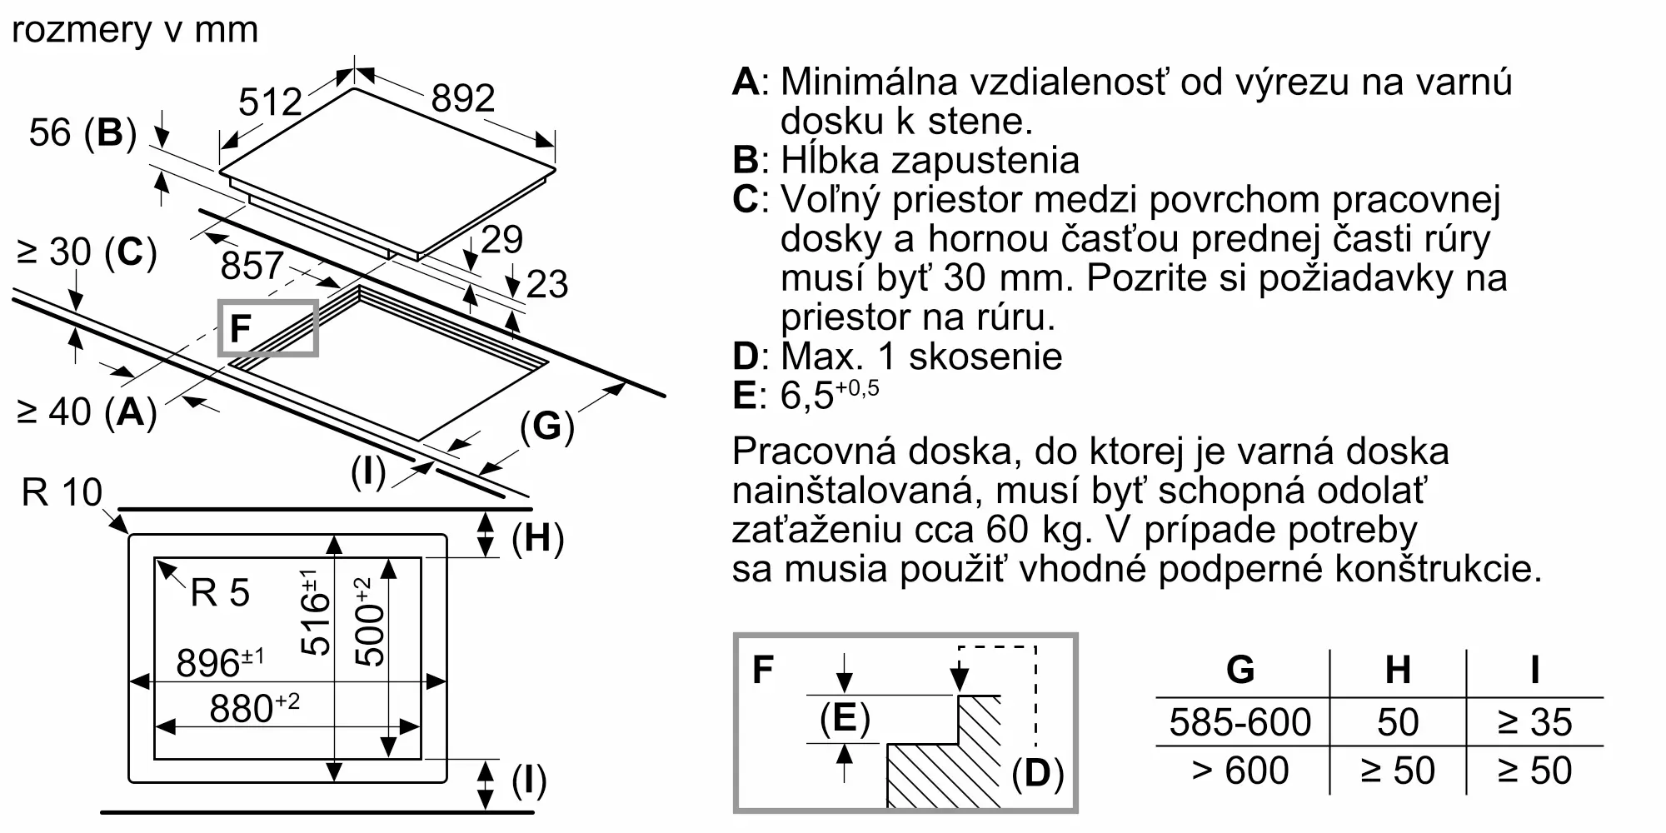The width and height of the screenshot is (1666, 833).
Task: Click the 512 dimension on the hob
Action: [270, 102]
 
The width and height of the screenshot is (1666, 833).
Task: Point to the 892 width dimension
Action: [463, 98]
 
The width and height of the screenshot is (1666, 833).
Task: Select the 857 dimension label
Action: [252, 266]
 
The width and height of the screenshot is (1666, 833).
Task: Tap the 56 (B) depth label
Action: [82, 132]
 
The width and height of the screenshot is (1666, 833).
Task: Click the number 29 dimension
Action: [502, 240]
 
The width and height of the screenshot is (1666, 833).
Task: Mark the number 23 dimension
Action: [547, 284]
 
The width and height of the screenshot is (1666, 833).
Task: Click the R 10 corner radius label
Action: [62, 492]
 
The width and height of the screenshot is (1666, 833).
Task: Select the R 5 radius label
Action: [220, 593]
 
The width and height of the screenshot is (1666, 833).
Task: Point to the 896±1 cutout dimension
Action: [220, 663]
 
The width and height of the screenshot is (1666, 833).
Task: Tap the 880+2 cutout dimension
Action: [254, 708]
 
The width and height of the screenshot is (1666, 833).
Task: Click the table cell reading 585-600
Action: [1240, 722]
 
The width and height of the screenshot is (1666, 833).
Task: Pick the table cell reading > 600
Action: [1240, 771]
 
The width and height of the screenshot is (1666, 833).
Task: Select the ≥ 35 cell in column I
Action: [1534, 722]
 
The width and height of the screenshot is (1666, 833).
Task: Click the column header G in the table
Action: [1240, 670]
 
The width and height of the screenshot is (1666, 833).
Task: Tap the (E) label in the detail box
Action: [845, 718]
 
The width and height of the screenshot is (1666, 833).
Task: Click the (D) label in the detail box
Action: [1038, 774]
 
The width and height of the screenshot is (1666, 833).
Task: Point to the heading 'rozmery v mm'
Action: [135, 30]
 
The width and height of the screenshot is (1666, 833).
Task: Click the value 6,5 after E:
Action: [807, 395]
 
